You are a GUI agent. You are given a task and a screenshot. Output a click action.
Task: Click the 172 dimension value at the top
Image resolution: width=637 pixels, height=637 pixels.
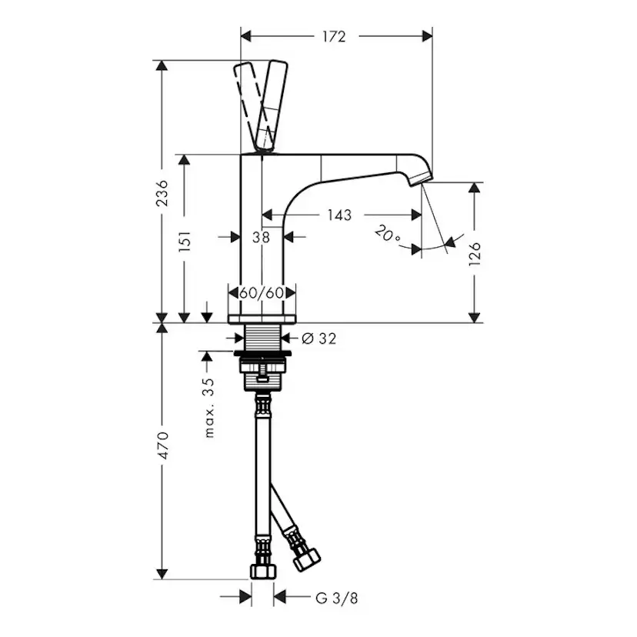click(x=335, y=35)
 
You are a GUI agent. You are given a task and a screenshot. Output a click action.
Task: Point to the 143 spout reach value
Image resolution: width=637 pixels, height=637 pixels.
click(x=339, y=215)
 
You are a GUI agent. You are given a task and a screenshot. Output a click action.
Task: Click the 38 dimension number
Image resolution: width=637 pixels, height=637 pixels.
click(x=261, y=238)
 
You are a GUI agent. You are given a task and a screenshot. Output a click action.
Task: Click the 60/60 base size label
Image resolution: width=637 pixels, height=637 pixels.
click(x=262, y=293)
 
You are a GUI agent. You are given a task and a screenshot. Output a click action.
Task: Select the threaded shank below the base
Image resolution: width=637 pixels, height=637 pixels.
click(x=262, y=336)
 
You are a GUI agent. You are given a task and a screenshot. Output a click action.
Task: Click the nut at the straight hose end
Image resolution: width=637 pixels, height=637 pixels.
click(x=262, y=571)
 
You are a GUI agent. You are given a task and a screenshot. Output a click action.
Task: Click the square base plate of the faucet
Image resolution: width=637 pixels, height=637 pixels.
click(x=262, y=318)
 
